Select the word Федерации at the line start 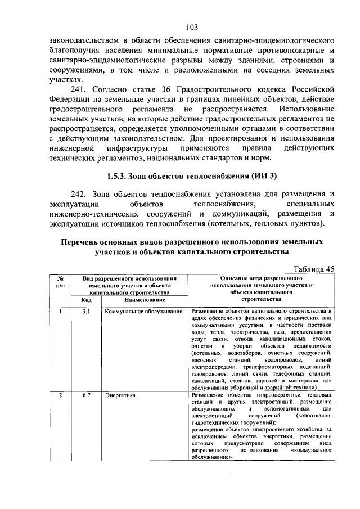pos(70,100)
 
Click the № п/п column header pos(60,281)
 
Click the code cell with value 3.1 pos(86,311)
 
